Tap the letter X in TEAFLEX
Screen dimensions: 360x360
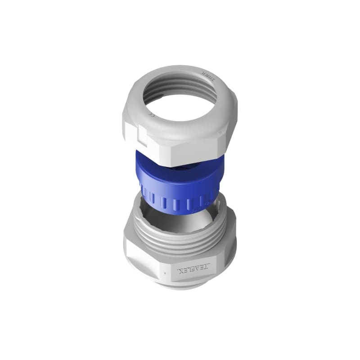click(183, 271)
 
